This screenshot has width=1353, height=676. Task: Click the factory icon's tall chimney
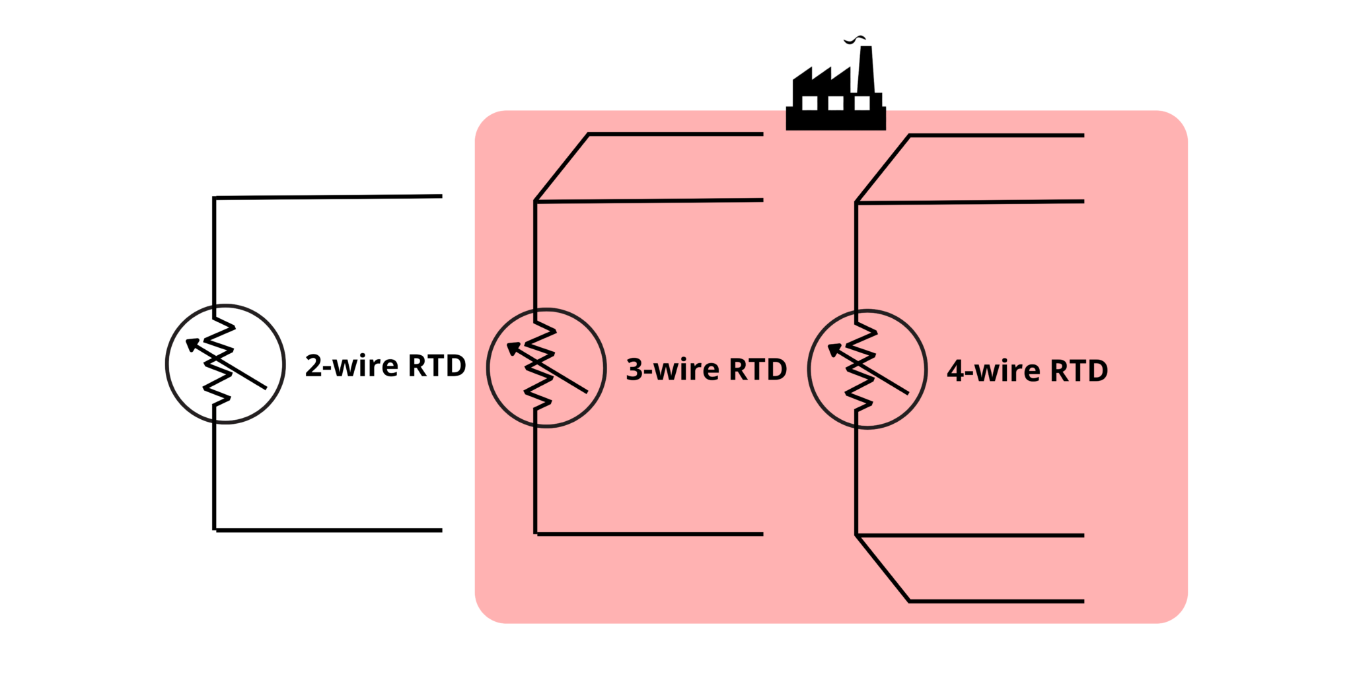coord(865,69)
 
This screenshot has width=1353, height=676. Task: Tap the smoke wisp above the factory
coord(855,40)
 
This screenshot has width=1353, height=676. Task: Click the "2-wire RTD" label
coord(385,366)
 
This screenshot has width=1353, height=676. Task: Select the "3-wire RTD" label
coord(706,369)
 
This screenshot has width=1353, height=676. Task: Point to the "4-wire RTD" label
coord(1027,370)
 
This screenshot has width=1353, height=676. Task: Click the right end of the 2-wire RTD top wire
coord(440,196)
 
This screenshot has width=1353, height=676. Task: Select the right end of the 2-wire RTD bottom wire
coord(440,530)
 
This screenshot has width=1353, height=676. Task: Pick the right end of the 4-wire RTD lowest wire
coord(1082,601)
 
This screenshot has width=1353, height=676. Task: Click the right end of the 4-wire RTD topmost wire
coord(1082,135)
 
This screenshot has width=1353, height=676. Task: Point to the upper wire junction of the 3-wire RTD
coord(536,201)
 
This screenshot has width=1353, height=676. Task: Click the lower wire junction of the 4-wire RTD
coord(857,535)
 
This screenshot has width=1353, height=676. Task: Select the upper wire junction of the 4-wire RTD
coord(857,202)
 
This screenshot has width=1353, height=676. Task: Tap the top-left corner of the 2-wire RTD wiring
coord(214,198)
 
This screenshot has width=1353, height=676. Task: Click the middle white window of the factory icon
coord(836,103)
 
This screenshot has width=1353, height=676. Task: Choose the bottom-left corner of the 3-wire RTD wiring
coord(536,533)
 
